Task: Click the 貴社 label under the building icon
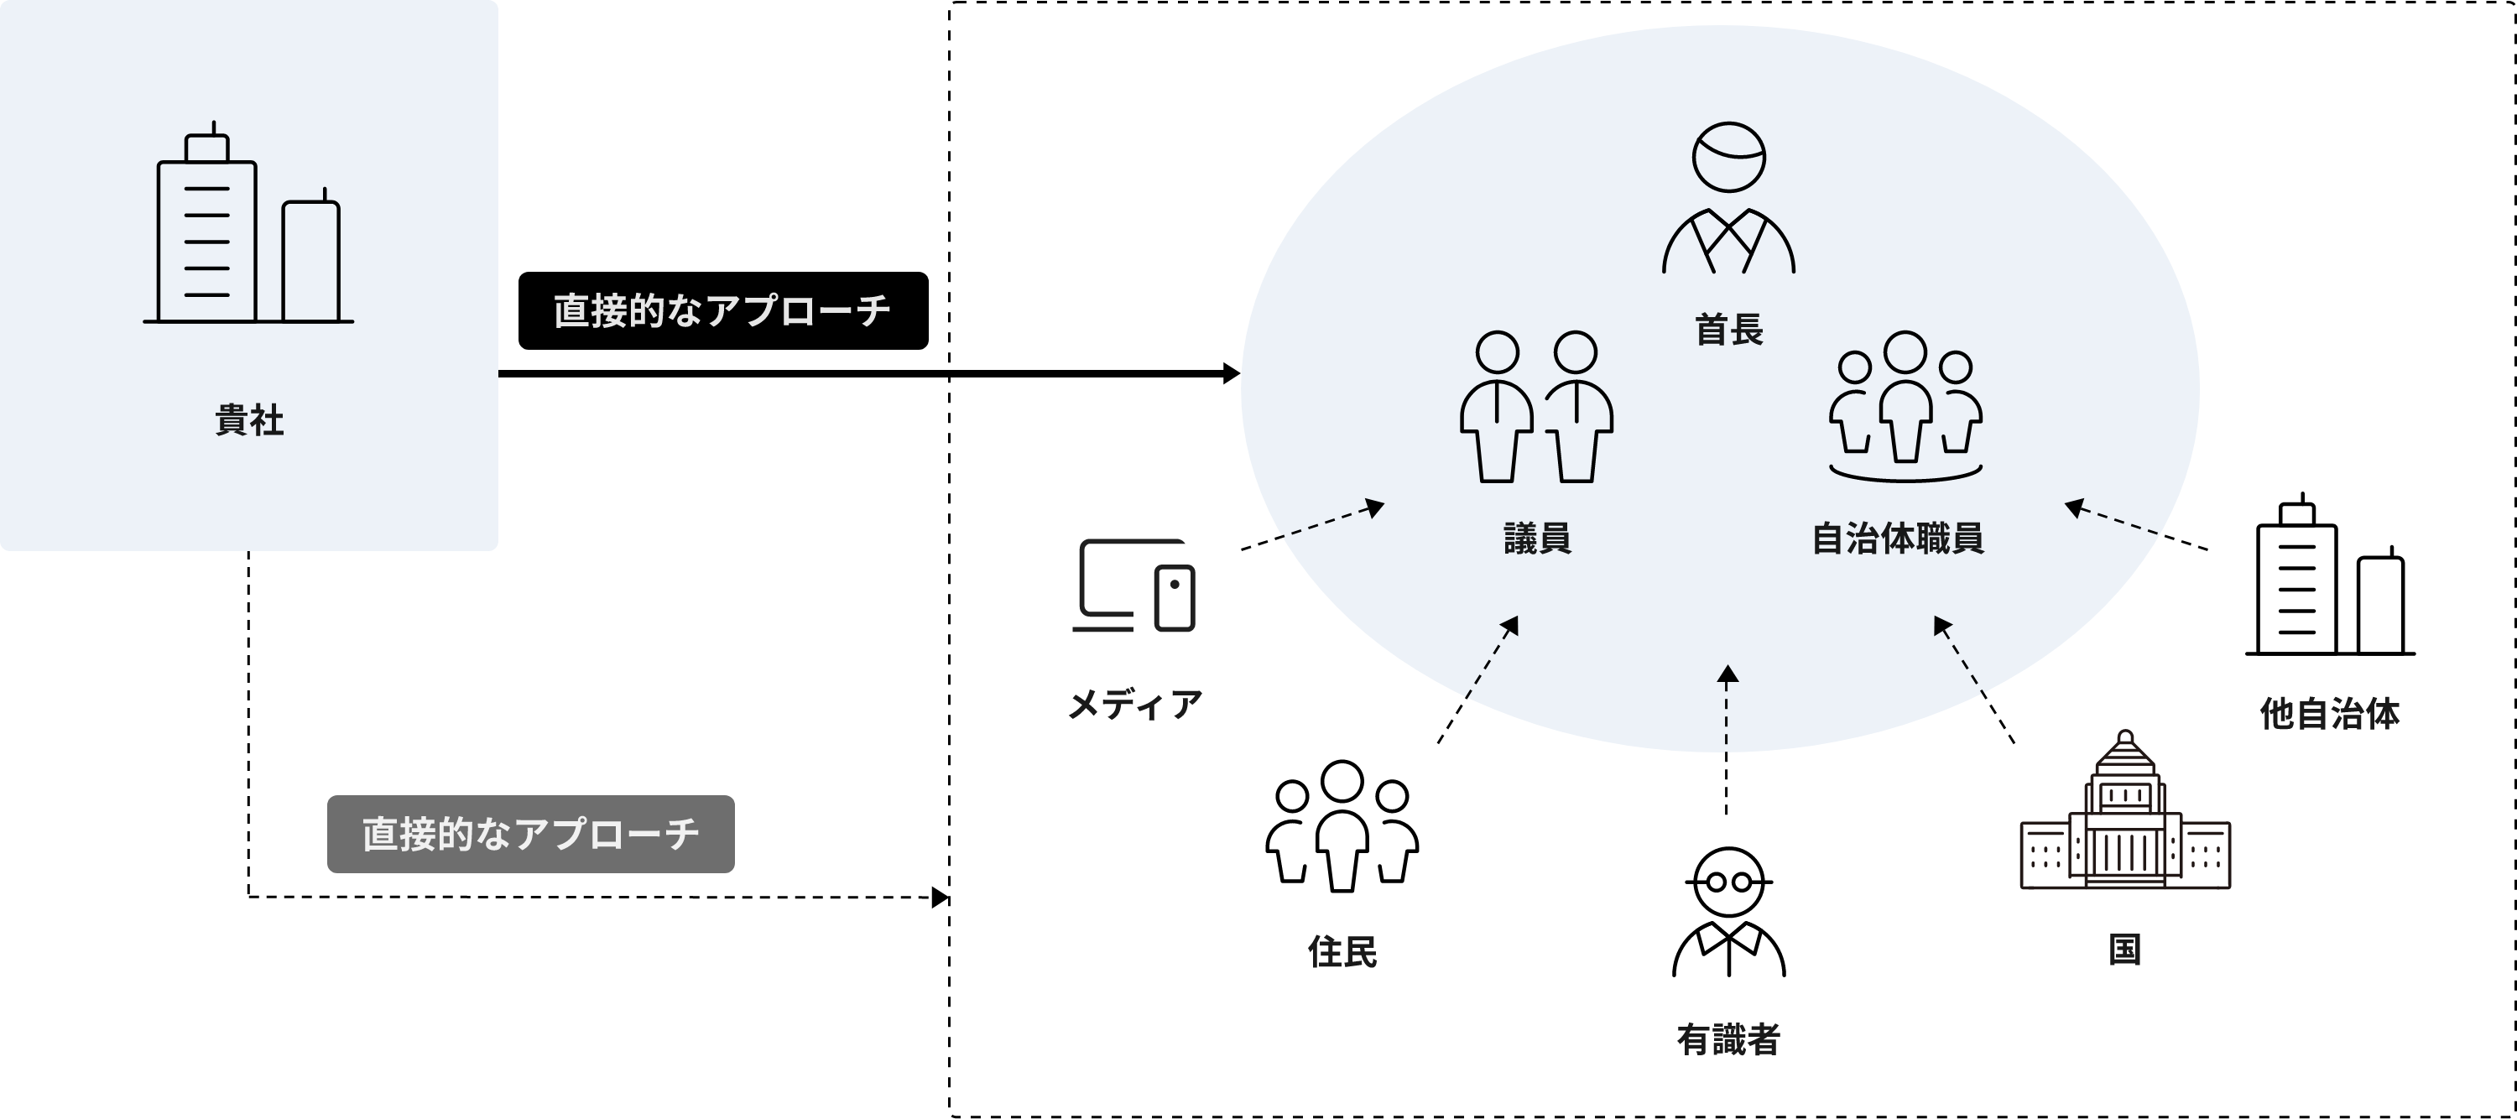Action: (249, 420)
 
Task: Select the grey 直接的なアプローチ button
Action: (530, 834)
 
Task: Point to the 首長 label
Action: (1728, 330)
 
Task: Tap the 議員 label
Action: (1537, 539)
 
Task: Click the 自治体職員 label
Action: (1898, 539)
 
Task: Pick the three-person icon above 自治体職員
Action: (1905, 406)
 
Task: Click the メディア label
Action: (1134, 705)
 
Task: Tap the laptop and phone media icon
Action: (1134, 586)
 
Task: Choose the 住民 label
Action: (1342, 951)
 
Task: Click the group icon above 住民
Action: (1342, 825)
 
